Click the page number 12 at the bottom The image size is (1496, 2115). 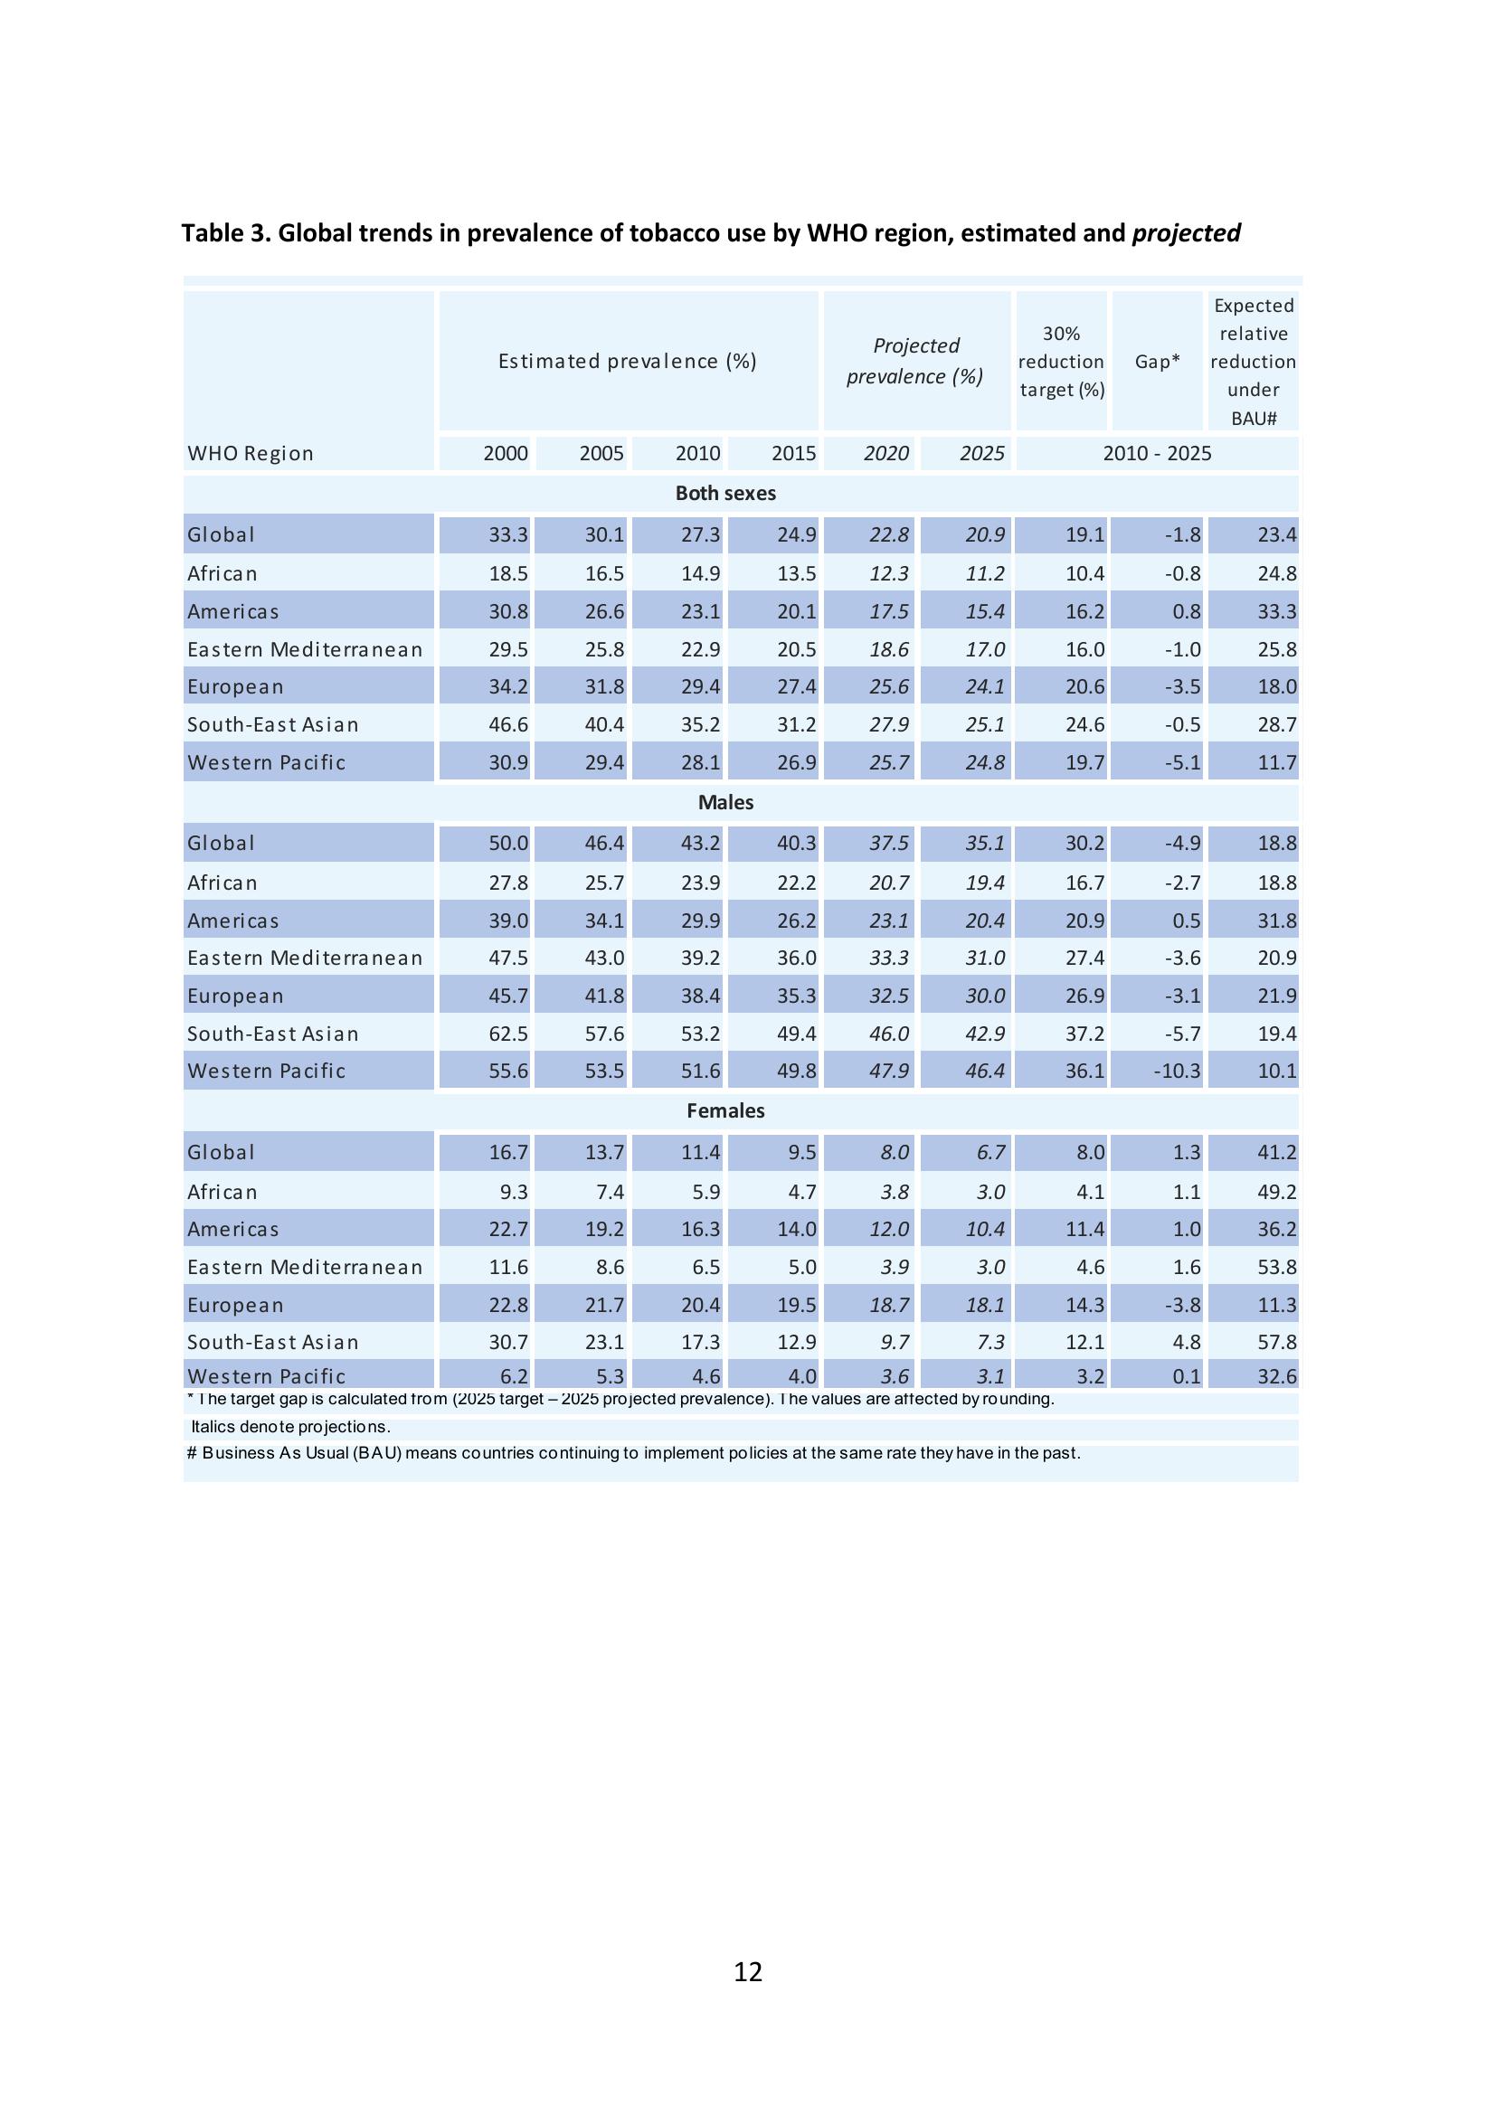click(747, 1972)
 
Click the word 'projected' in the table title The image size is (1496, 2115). click(1186, 233)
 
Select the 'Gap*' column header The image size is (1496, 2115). click(1157, 362)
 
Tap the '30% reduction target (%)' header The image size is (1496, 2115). click(1061, 362)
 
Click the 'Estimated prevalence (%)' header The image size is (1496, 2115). click(628, 361)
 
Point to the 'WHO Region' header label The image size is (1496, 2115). click(251, 453)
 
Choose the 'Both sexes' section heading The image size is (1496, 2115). click(725, 493)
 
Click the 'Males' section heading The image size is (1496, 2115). click(725, 802)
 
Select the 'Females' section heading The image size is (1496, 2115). click(725, 1111)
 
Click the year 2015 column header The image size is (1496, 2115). click(793, 453)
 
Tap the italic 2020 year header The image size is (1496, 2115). click(886, 453)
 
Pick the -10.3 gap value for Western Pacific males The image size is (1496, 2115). click(1177, 1072)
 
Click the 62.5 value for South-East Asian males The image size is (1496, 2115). click(507, 1034)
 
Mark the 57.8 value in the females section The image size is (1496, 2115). click(1277, 1342)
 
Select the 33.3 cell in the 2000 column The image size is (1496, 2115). click(507, 535)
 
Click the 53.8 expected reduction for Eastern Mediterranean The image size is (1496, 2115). click(1277, 1268)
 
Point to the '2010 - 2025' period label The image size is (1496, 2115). click(1157, 453)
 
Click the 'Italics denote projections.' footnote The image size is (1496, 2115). click(291, 1427)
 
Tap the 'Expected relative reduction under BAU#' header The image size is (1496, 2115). click(1253, 362)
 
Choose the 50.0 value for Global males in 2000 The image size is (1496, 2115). click(507, 844)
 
